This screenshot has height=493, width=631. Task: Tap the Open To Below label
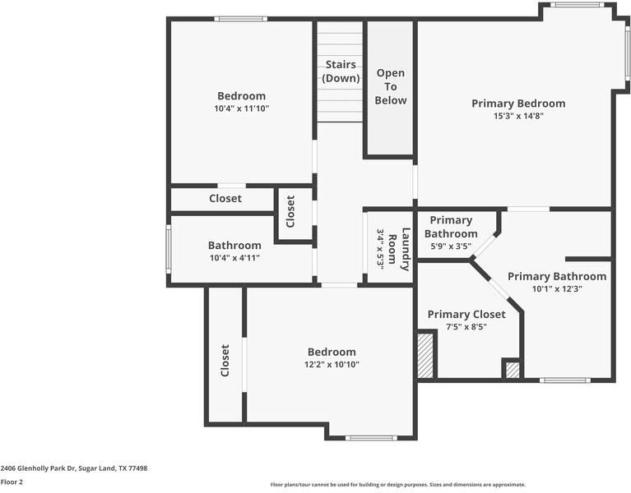(x=390, y=87)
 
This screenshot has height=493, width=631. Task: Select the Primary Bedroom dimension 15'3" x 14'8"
(x=518, y=116)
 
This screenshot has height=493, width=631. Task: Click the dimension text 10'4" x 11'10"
(x=241, y=108)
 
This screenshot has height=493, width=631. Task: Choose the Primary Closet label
(x=466, y=314)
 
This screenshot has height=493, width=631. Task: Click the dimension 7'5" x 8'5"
(x=466, y=326)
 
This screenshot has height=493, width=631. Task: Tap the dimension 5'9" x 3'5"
(x=451, y=246)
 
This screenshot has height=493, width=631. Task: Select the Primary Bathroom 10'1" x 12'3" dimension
(x=556, y=288)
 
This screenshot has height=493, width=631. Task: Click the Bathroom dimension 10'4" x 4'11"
(x=234, y=257)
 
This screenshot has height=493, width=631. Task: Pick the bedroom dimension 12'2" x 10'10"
(x=332, y=364)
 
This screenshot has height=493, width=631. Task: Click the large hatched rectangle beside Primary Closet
(x=425, y=355)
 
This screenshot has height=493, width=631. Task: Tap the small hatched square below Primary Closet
(x=512, y=371)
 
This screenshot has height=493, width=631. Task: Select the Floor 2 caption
(x=12, y=482)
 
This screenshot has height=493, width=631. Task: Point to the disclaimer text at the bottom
(x=397, y=485)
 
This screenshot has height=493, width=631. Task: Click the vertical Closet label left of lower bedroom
(x=225, y=360)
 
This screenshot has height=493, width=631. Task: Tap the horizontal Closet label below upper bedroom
(x=225, y=198)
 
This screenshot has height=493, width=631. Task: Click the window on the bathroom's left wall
(x=168, y=249)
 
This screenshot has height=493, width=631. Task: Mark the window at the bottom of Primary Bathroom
(x=564, y=380)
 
